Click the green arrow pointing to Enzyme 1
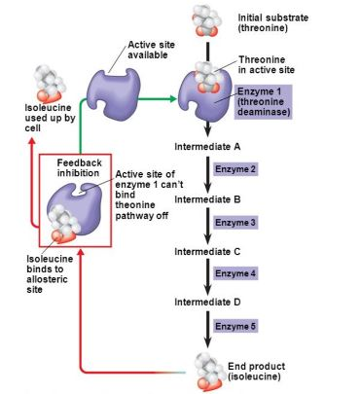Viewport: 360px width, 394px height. [161, 97]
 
